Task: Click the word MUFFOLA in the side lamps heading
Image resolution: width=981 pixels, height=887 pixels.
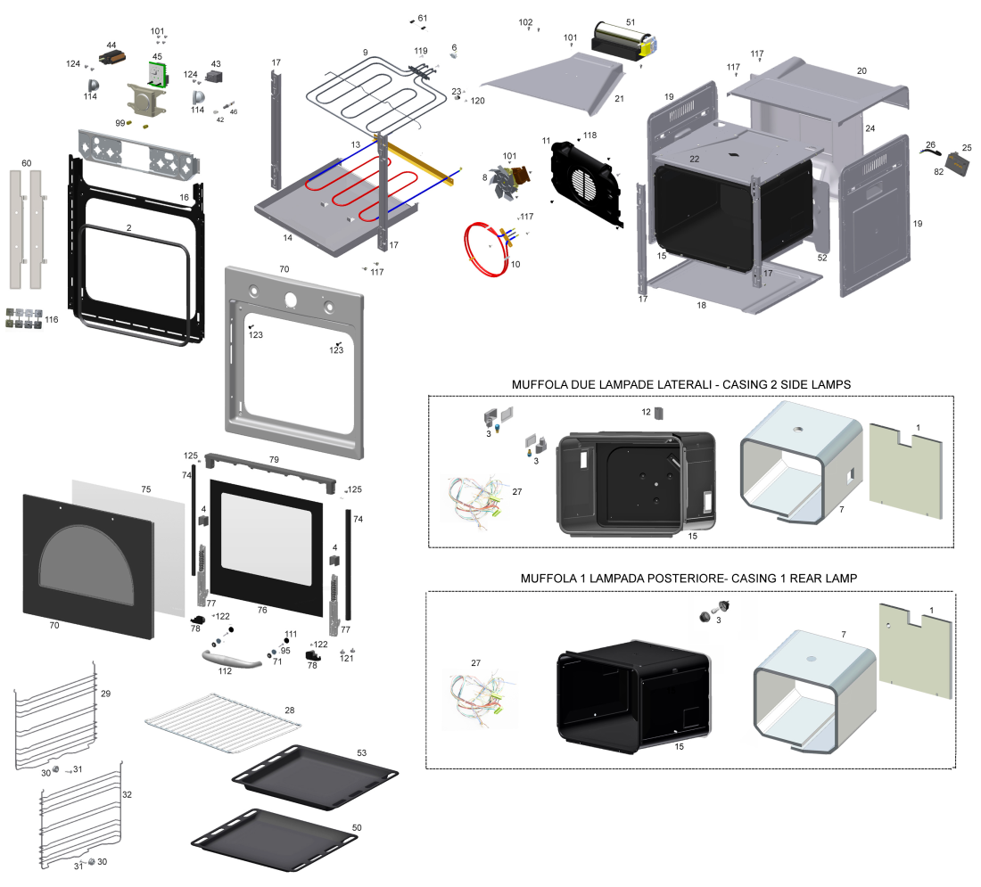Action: (x=538, y=384)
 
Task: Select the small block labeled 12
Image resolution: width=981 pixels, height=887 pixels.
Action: (x=660, y=413)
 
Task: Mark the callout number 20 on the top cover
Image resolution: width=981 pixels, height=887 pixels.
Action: (x=861, y=70)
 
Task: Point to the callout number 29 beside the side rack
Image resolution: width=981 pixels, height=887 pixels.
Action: (x=105, y=693)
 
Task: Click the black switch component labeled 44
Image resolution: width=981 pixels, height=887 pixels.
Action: (x=113, y=58)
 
